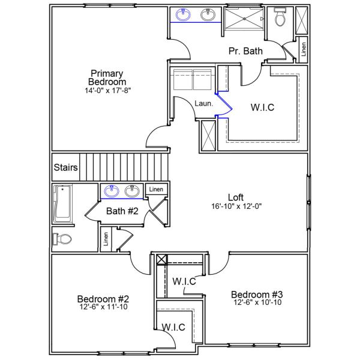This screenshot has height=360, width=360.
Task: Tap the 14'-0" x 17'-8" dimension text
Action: click(x=107, y=91)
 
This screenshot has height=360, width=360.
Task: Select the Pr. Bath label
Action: click(x=245, y=51)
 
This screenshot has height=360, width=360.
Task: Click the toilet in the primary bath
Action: click(x=280, y=19)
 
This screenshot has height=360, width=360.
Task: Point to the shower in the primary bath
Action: click(x=244, y=18)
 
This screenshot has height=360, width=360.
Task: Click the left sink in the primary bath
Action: click(x=182, y=15)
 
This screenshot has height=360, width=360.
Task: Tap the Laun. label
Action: click(x=203, y=103)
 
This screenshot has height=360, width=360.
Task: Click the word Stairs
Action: click(x=65, y=167)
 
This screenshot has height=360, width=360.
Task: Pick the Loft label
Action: click(x=236, y=197)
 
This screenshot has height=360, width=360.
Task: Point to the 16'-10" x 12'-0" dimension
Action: click(x=236, y=206)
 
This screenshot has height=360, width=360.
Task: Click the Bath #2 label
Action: click(x=122, y=211)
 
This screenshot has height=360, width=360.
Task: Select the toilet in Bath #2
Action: click(x=62, y=239)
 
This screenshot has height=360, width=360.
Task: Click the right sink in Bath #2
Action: click(x=133, y=191)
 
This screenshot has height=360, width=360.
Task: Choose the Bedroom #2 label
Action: click(x=104, y=299)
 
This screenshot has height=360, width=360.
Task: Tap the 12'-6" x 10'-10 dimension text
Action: click(x=257, y=302)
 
